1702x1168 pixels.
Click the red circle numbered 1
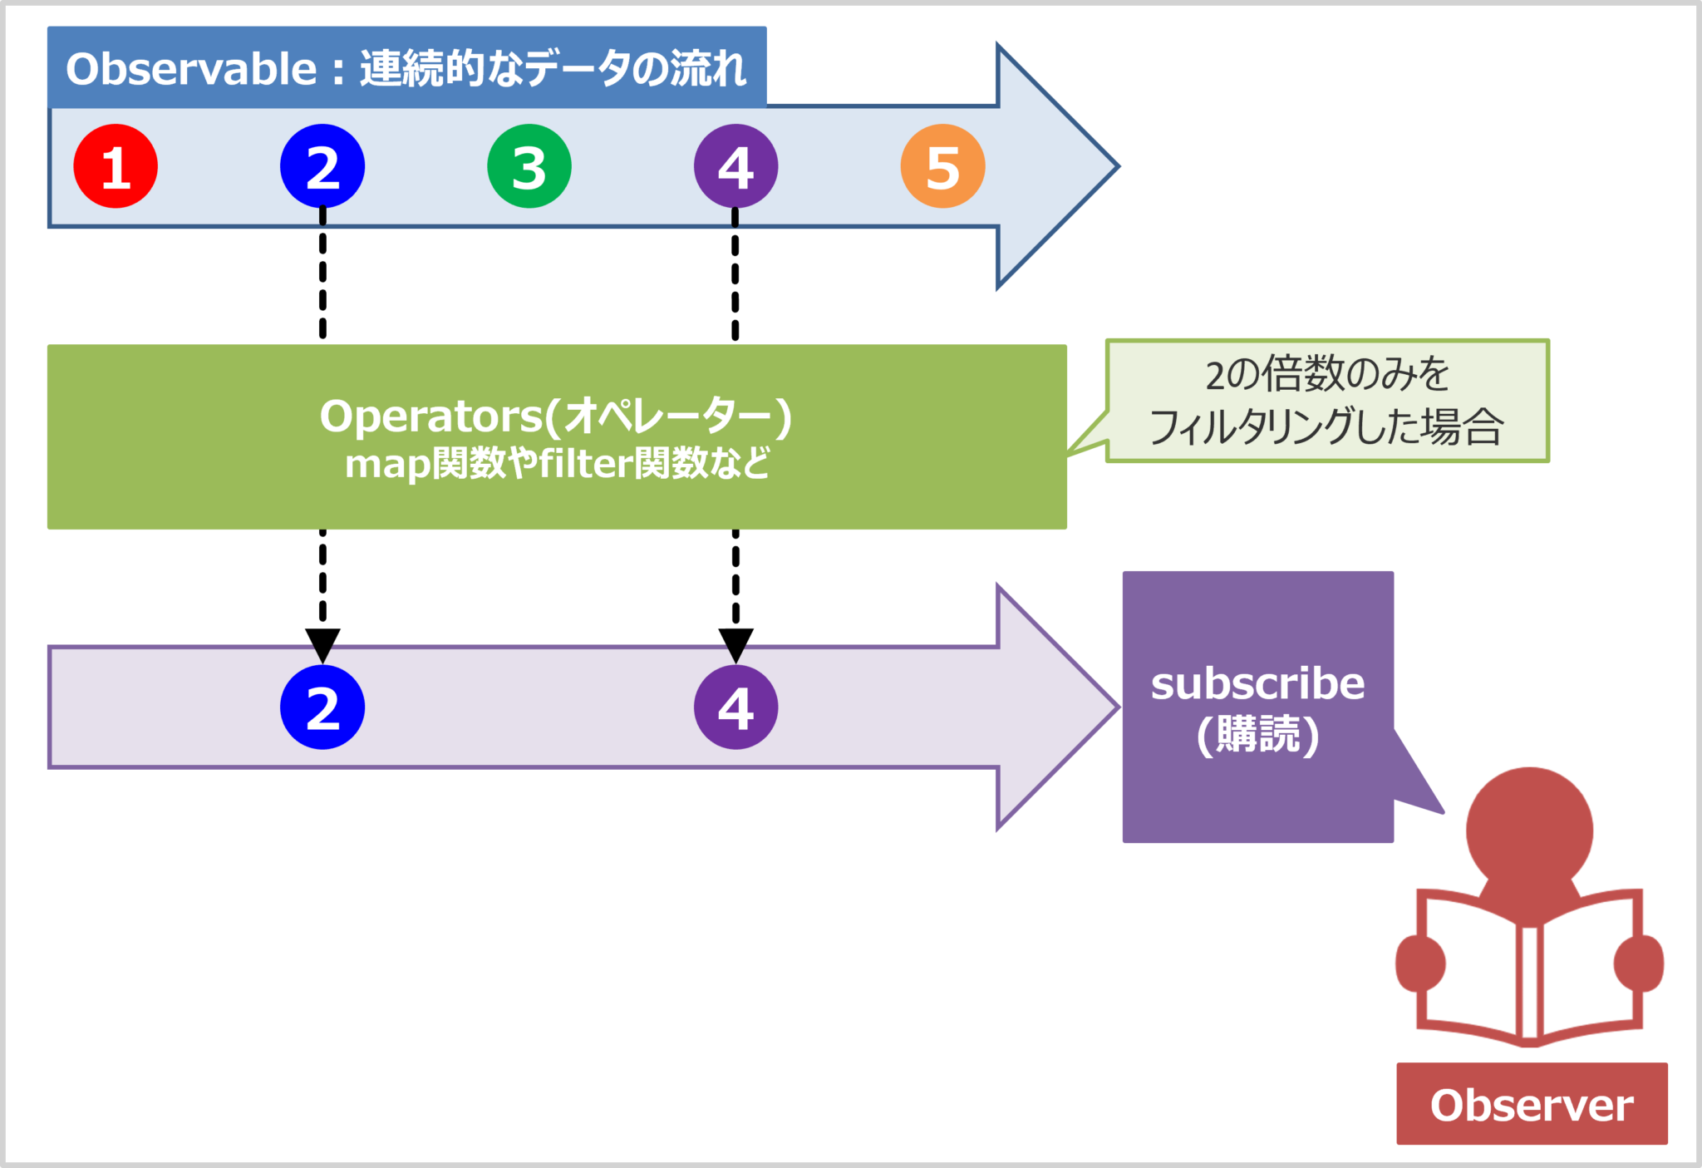[x=116, y=166]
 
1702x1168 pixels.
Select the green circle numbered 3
[x=529, y=166]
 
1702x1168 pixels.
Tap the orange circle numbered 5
[x=942, y=166]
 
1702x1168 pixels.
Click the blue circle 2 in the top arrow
[x=322, y=166]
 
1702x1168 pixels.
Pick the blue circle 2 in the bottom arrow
[x=322, y=707]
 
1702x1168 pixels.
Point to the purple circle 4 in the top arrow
[x=735, y=166]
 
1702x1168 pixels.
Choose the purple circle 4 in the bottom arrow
[x=735, y=707]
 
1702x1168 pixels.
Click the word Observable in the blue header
[x=191, y=69]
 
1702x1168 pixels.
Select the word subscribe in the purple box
[x=1257, y=684]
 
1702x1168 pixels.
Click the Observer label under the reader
[x=1532, y=1105]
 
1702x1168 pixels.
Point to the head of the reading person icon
[x=1529, y=829]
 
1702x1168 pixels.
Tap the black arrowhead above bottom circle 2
[x=322, y=643]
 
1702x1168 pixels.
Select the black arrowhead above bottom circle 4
[x=735, y=643]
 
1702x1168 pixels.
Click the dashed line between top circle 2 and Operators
[x=322, y=274]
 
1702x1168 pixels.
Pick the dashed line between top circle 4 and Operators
[x=735, y=274]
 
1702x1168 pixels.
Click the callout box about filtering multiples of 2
[x=1327, y=401]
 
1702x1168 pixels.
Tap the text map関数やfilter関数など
[x=557, y=464]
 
